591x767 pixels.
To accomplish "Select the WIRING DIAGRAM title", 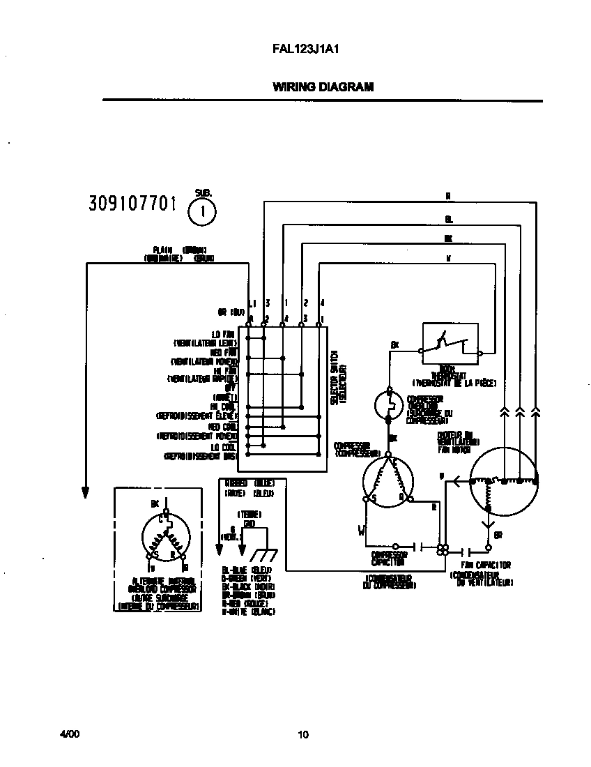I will (x=323, y=87).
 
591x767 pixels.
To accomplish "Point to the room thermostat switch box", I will (x=450, y=344).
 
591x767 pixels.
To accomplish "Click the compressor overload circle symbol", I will (x=387, y=404).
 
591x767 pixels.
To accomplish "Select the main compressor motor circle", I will (x=387, y=478).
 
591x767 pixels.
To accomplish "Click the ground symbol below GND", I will (x=262, y=556).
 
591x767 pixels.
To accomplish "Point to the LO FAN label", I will (x=224, y=335).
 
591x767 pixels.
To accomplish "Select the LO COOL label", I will (x=224, y=446).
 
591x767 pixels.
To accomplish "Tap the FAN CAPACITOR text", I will (x=486, y=565).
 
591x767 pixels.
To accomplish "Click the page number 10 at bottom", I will (x=302, y=734).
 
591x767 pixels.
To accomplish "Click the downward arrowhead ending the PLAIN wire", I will (x=86, y=492).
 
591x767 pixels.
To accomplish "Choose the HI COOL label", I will (x=224, y=406).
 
